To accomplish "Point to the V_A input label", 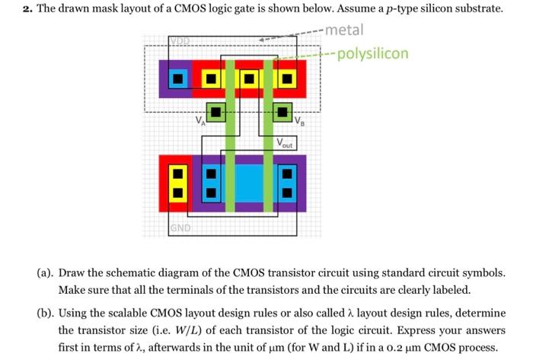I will tap(199, 119).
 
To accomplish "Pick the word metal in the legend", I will tap(343, 30).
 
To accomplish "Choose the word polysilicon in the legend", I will tap(373, 53).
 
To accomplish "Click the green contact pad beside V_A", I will tap(217, 113).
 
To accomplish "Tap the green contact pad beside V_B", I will tap(282, 113).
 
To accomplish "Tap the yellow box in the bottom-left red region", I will tap(177, 183).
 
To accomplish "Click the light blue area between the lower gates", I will tap(249, 183).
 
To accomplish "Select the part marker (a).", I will tap(43, 272).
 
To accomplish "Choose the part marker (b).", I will tap(43, 313).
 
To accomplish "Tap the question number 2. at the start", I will tap(24, 9).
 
